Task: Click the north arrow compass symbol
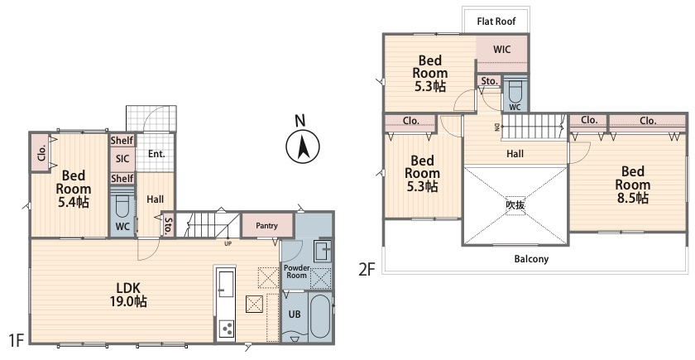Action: click(303, 147)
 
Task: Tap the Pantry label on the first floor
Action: click(266, 226)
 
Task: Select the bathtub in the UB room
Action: click(320, 316)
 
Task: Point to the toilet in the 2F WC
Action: click(515, 92)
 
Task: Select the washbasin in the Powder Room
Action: click(323, 251)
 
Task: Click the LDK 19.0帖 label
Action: click(128, 294)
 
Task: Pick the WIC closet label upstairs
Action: click(501, 49)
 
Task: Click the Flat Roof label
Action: click(496, 22)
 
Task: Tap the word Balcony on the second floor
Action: click(531, 258)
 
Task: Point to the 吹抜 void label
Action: click(515, 205)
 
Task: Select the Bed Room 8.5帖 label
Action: click(632, 185)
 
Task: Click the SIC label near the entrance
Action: click(122, 158)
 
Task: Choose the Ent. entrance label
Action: click(156, 154)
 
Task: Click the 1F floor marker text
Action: click(16, 340)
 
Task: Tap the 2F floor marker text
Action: click(367, 269)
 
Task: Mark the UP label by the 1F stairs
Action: click(228, 243)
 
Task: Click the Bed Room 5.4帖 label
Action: click(74, 189)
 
